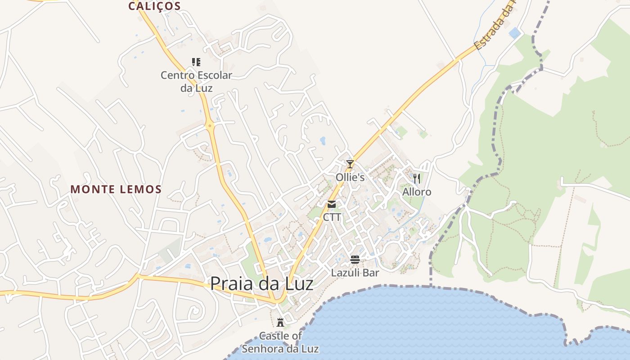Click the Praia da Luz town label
[261, 283]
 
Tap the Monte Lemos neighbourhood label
[116, 189]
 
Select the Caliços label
[154, 6]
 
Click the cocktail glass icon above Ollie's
[350, 164]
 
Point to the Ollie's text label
[350, 177]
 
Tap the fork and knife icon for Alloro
[417, 179]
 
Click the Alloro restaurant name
[417, 192]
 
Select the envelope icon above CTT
[332, 204]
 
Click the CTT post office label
[332, 217]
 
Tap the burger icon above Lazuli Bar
[355, 260]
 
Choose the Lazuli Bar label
[355, 273]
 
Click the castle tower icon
[280, 322]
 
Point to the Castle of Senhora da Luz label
[280, 342]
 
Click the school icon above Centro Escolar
[196, 62]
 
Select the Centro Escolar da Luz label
[196, 81]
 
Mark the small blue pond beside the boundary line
[514, 32]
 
